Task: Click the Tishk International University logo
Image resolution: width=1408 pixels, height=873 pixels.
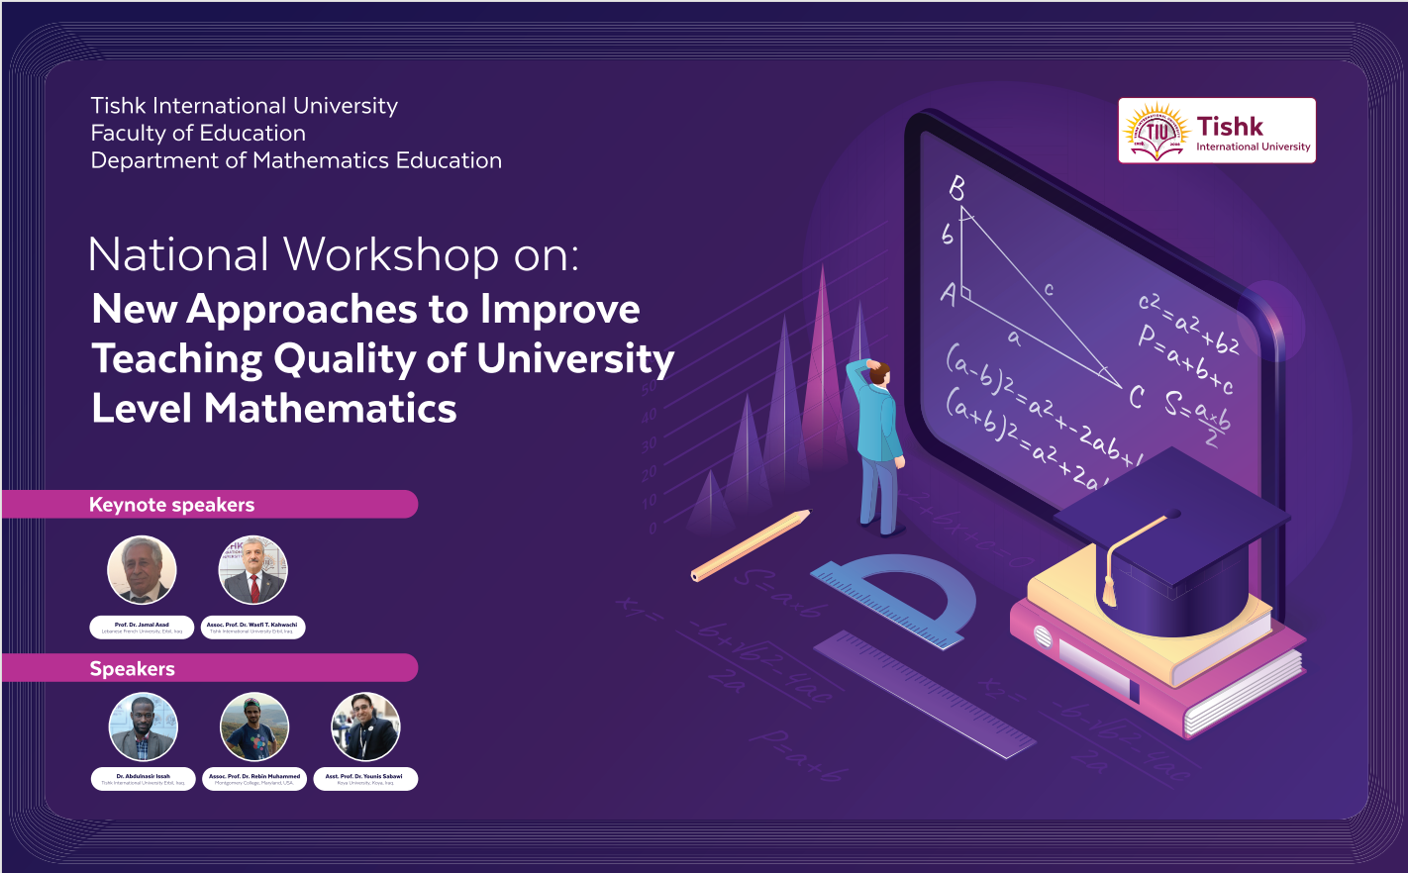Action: (1216, 131)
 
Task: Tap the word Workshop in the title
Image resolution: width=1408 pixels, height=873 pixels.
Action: (391, 255)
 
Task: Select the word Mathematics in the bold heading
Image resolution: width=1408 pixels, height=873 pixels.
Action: (331, 409)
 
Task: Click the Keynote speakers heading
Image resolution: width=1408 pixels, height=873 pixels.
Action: (172, 505)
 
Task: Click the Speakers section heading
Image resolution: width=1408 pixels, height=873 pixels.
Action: (133, 669)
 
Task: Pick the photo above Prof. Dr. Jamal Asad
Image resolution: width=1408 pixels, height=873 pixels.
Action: (142, 570)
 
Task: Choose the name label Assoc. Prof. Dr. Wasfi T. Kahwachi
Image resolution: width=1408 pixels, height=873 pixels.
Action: (252, 628)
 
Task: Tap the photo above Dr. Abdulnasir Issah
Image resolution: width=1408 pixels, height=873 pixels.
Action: (143, 727)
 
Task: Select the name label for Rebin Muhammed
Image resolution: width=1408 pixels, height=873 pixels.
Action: (253, 779)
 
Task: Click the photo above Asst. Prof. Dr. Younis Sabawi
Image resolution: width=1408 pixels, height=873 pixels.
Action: (365, 727)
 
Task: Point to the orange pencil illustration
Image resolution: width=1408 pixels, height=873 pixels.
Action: (751, 544)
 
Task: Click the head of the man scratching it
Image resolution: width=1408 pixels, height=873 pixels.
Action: (878, 373)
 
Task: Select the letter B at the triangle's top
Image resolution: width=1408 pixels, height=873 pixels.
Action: (956, 188)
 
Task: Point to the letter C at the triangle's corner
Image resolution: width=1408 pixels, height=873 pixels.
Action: (1136, 397)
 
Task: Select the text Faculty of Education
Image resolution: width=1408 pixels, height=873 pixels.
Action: (198, 134)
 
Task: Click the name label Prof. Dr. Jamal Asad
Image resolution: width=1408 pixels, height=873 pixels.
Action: (142, 628)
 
